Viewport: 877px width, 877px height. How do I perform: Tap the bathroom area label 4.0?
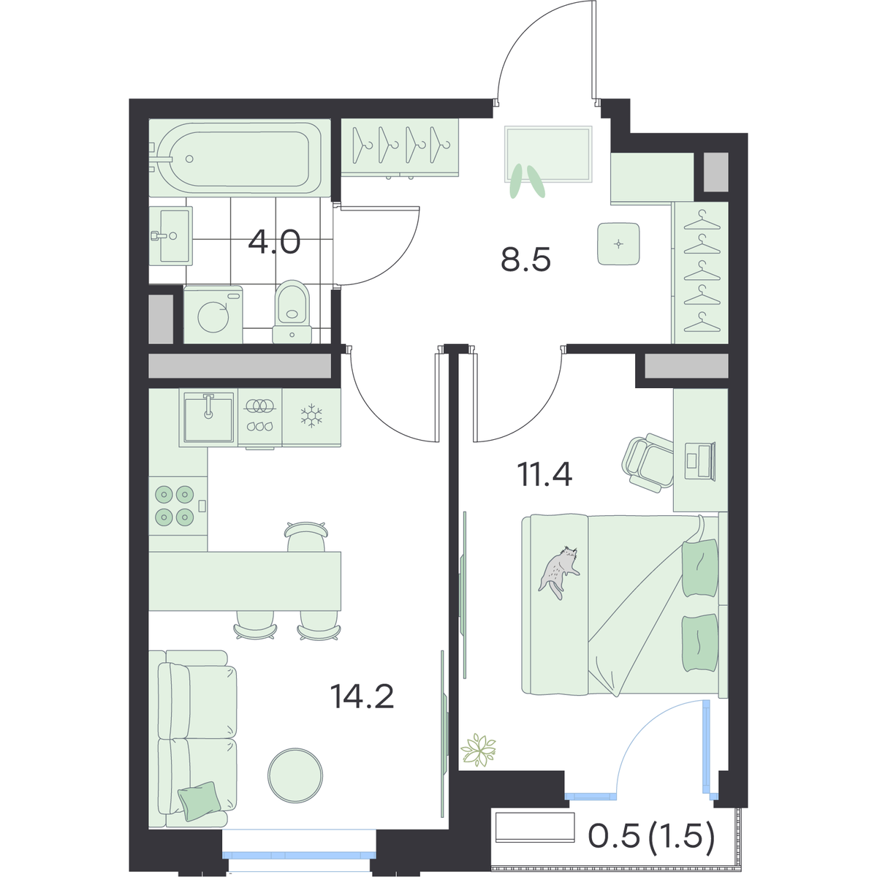tap(274, 242)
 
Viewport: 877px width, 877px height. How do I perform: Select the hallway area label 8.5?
tap(525, 259)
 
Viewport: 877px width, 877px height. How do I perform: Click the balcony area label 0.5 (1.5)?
tap(652, 837)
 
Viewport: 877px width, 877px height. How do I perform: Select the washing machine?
tap(213, 314)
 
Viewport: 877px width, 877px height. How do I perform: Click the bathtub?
tap(240, 158)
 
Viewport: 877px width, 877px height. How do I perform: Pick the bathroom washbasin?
tap(171, 236)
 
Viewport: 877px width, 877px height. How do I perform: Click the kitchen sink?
tap(209, 418)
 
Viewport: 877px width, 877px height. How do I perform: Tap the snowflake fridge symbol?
tap(311, 416)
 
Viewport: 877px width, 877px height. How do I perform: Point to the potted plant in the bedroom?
tap(478, 750)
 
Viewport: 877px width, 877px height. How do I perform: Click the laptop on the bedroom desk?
tap(700, 461)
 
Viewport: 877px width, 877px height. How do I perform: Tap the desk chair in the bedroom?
tap(648, 463)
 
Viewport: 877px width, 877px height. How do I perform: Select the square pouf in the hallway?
tap(618, 244)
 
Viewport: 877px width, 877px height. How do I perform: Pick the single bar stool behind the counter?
tap(306, 536)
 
